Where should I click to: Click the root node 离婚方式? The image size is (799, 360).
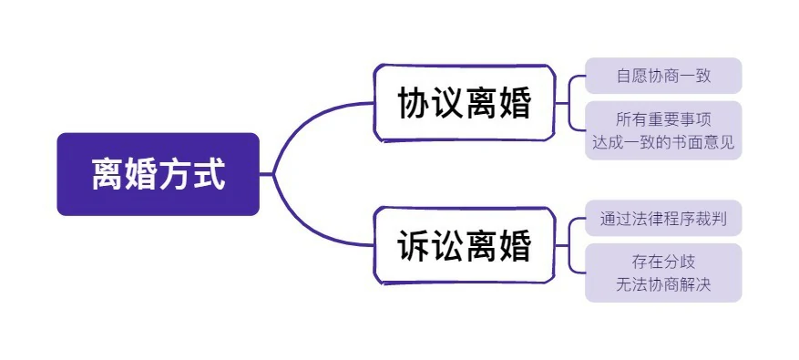click(159, 174)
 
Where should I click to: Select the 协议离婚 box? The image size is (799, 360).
click(464, 103)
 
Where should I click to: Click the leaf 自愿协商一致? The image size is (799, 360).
click(663, 76)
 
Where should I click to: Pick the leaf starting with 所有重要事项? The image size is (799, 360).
click(663, 130)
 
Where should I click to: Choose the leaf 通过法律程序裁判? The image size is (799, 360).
click(663, 220)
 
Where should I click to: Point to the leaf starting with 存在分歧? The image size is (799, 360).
click(663, 273)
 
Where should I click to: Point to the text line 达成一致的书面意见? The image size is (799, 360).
click(663, 142)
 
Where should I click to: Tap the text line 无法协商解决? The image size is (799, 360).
click(663, 284)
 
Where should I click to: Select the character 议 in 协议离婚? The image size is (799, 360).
click(447, 104)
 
